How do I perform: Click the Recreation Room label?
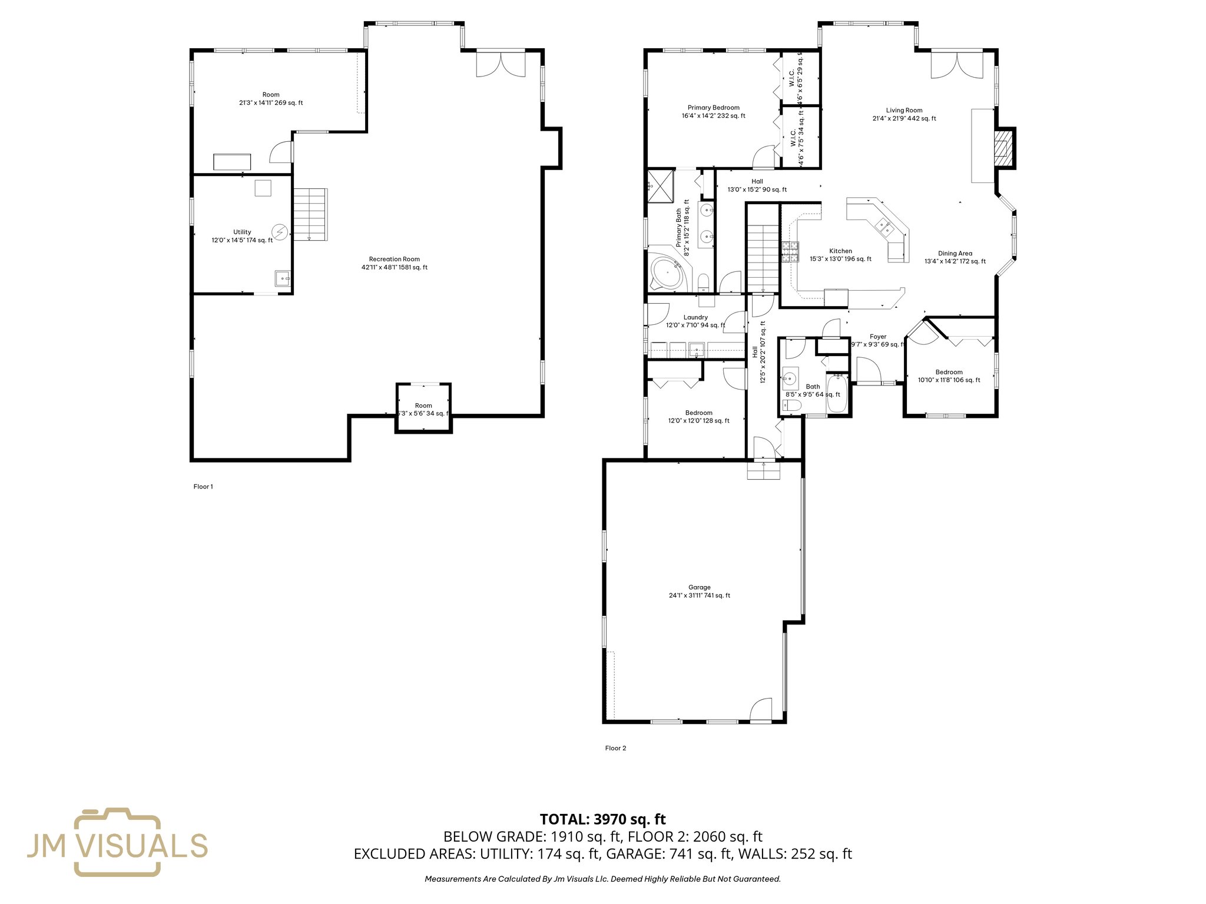click(x=394, y=263)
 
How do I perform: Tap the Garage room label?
click(x=699, y=591)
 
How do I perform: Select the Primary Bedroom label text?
click(x=713, y=111)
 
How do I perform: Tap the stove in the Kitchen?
click(x=789, y=252)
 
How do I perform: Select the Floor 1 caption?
click(x=203, y=486)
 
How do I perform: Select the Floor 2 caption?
click(x=615, y=748)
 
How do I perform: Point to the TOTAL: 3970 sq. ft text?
click(x=602, y=819)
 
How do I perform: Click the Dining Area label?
click(x=955, y=257)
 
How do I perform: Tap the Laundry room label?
click(x=695, y=321)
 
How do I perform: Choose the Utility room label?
click(x=242, y=235)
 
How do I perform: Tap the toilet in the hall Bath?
click(x=792, y=405)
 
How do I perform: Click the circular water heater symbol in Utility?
click(x=280, y=232)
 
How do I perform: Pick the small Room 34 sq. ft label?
click(x=423, y=409)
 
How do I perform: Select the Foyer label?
click(x=877, y=340)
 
